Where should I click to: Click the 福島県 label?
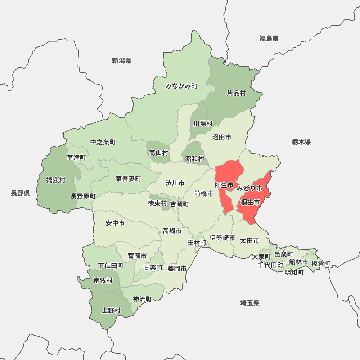pos(269,39)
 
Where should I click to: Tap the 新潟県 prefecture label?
pos(121,60)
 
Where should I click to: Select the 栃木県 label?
pos(301,142)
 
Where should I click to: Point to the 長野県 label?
pos(20,193)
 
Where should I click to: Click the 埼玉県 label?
pos(250,303)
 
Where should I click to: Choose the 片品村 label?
pos(236,93)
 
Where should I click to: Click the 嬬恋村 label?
pos(56,180)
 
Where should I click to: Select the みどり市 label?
pos(249,188)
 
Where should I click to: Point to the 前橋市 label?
pos(203,193)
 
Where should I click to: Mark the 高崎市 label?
pos(172,230)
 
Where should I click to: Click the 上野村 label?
pos(111,310)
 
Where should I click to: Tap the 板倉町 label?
pos(321,264)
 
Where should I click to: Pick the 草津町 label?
pos(76,157)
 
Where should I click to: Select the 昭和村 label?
pos(195,158)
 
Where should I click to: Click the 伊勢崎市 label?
pos(222,238)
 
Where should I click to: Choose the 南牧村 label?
pos(103,280)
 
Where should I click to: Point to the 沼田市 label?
pos(221,137)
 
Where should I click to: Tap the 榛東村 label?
pos(157,203)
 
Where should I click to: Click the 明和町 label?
pos(294,273)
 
